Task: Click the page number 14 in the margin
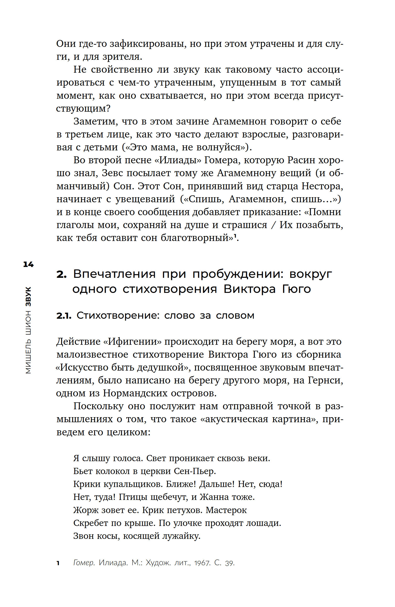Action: click(x=28, y=264)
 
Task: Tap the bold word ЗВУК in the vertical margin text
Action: click(x=28, y=297)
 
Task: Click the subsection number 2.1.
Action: click(x=64, y=316)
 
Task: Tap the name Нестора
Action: click(x=322, y=186)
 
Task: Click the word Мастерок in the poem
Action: click(x=226, y=510)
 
